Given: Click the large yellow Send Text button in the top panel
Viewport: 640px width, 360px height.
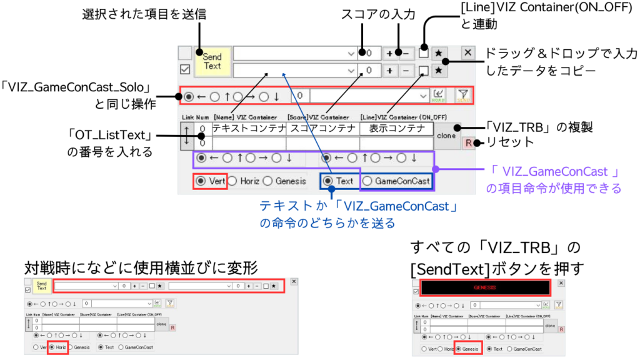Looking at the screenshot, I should (212, 61).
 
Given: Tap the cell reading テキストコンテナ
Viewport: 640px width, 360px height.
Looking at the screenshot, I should (249, 129).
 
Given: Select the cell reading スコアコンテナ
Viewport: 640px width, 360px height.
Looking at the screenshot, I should (322, 129).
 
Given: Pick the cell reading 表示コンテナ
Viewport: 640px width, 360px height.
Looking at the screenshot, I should (396, 129).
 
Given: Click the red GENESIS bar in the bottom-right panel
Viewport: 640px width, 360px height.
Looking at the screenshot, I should (484, 287).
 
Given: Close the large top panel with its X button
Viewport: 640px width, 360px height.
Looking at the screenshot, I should (467, 52).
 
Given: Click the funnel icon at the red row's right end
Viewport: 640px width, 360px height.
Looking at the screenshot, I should (463, 95).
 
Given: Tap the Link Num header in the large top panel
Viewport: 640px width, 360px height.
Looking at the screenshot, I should (194, 117).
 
